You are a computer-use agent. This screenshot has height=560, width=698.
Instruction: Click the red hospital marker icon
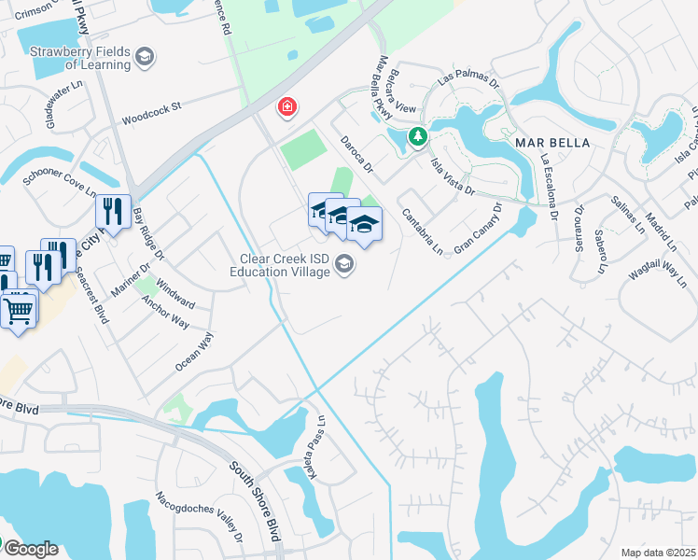[287, 107]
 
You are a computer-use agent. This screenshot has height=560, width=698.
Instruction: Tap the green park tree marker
[419, 137]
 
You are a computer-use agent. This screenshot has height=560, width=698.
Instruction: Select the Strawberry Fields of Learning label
[79, 58]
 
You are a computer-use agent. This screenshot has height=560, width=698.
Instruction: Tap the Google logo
[30, 549]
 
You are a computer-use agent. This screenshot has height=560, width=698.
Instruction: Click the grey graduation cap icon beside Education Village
[344, 267]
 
